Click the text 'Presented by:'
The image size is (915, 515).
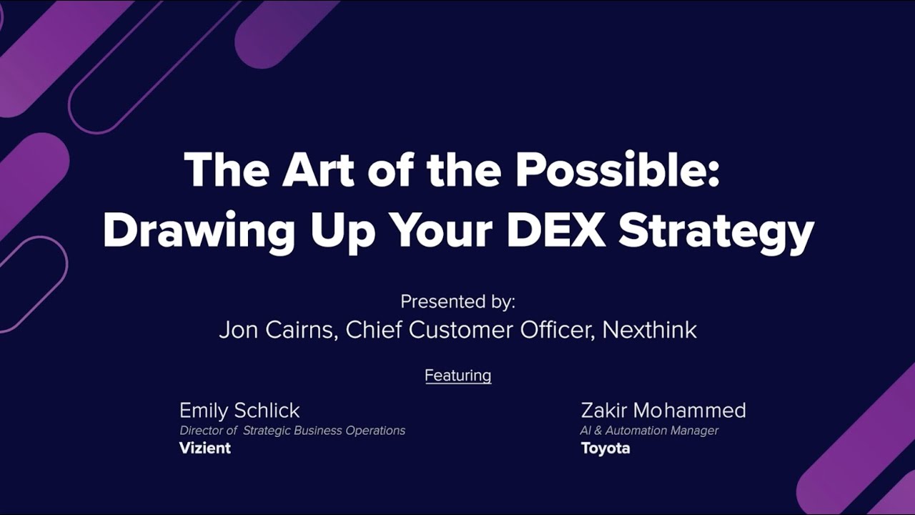tap(457, 301)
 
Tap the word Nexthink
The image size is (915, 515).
tap(649, 330)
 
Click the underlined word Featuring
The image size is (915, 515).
tap(457, 375)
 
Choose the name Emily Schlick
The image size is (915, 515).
tap(239, 410)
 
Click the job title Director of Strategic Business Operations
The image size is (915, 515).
tap(292, 430)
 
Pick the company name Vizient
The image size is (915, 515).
tap(205, 448)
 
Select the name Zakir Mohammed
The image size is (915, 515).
tap(663, 410)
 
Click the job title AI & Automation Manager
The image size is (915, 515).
tap(649, 430)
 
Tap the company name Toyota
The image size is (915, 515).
tap(605, 448)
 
